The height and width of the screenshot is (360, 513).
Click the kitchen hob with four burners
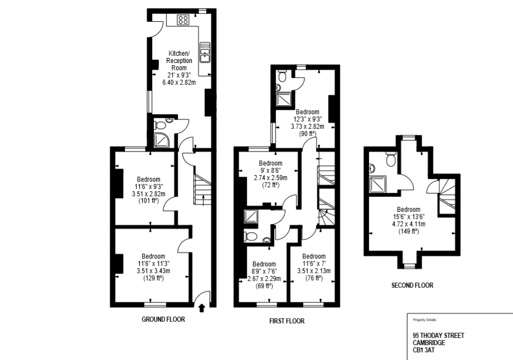tap(183, 21)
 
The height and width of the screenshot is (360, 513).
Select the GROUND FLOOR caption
tap(162, 320)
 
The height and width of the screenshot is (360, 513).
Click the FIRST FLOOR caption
tap(287, 321)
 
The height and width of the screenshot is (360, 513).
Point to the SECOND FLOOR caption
tap(412, 285)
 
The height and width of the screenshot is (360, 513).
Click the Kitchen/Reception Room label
tap(180, 61)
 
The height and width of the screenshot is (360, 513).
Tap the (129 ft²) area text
tap(152, 278)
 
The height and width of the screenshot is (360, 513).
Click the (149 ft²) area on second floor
tap(409, 232)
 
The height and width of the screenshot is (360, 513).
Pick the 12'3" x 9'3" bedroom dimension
tap(307, 119)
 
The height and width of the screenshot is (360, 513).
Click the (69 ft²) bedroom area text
tap(264, 286)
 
